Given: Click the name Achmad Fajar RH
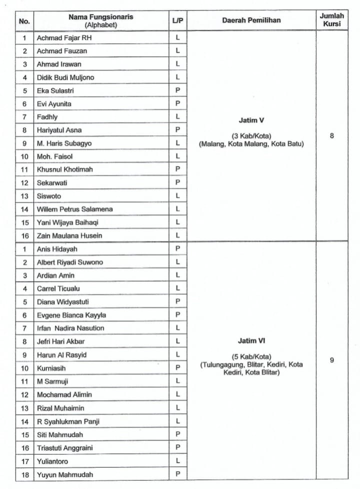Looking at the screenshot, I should coord(60,37).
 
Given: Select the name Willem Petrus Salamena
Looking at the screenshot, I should coord(74,209).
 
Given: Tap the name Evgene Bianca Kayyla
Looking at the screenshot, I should coord(71,315).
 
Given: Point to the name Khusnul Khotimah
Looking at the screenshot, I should coord(64,169).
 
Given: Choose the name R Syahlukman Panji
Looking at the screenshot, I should coord(68,421).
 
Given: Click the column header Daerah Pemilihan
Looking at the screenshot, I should coord(251,20).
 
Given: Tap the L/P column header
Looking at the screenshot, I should coord(177,20).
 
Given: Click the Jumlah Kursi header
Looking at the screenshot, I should coord(332,20).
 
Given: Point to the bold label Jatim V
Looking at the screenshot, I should coord(251,120).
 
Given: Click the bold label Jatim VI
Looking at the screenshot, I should coord(251,341).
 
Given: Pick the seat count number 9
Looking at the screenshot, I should coord(332,360).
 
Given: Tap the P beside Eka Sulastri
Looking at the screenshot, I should coord(177,90).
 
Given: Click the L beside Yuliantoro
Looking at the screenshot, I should coord(177,460).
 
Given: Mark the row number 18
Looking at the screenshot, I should coord(24,474).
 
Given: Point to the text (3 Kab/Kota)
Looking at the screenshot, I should coord(251,136).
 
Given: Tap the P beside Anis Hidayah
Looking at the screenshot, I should coord(177,248).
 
